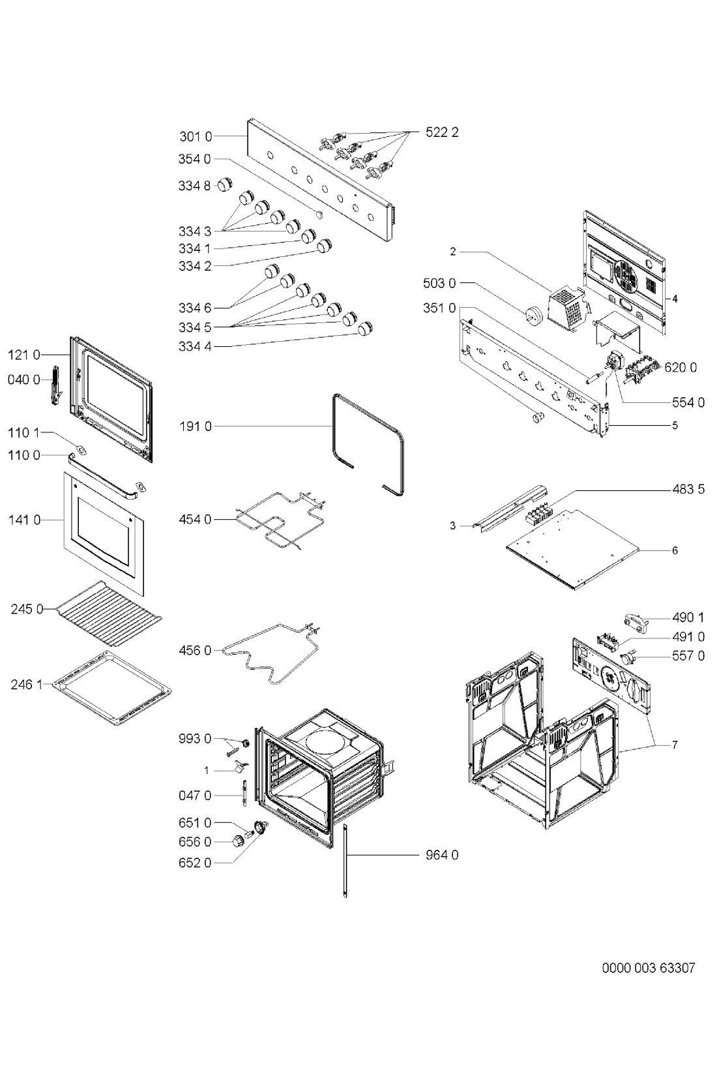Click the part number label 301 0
point(195,137)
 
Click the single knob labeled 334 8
point(226,185)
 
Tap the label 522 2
point(442,132)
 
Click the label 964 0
point(442,855)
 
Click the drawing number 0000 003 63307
point(648,967)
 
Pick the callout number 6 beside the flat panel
point(675,550)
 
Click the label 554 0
point(688,402)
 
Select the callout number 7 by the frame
point(675,745)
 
